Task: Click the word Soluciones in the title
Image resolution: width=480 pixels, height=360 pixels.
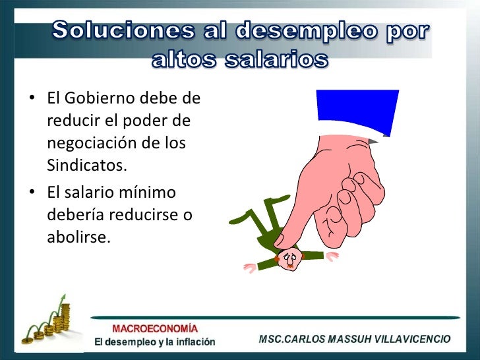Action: point(122,30)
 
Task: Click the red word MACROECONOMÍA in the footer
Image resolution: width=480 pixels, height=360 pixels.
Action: point(155,328)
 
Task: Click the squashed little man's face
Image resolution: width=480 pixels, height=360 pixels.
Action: point(288,258)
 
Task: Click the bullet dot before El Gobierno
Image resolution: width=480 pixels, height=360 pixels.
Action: point(32,101)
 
